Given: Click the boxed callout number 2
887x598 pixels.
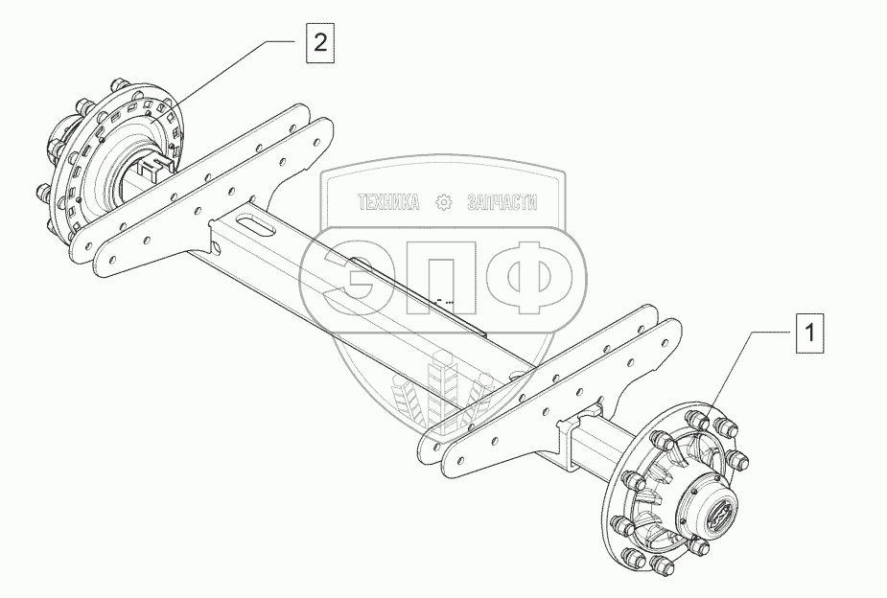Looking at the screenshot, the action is (x=320, y=42).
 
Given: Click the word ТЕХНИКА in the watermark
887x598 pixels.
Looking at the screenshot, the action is (x=388, y=202).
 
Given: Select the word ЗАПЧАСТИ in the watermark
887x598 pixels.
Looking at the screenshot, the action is (x=502, y=202).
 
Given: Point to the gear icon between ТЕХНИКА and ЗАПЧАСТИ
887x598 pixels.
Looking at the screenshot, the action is (x=443, y=202).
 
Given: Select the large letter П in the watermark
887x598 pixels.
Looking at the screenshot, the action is (x=438, y=278).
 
